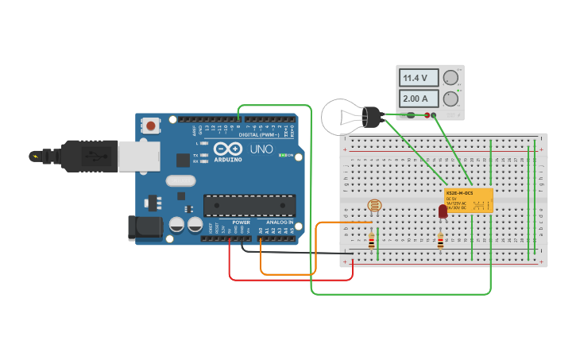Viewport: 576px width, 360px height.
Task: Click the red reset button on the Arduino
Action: click(x=150, y=126)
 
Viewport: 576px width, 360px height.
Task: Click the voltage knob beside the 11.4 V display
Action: click(x=450, y=78)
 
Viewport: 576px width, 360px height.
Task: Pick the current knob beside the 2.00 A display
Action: click(x=450, y=99)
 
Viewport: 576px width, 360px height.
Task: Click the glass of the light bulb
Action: click(x=339, y=117)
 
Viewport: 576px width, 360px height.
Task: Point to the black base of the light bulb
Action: click(x=372, y=118)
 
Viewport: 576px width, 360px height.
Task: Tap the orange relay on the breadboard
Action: click(x=469, y=200)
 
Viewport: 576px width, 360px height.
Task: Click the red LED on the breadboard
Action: click(x=443, y=211)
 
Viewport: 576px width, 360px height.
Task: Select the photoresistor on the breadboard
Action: click(x=374, y=206)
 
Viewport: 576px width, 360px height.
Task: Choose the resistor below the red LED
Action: click(x=440, y=240)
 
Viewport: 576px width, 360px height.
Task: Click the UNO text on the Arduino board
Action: click(x=261, y=149)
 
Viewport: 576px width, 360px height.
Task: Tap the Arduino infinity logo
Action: click(x=226, y=149)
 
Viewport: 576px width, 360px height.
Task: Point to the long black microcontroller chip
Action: click(x=249, y=205)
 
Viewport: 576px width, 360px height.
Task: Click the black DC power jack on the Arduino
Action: click(x=145, y=228)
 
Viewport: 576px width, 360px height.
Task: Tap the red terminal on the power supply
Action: click(x=427, y=115)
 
